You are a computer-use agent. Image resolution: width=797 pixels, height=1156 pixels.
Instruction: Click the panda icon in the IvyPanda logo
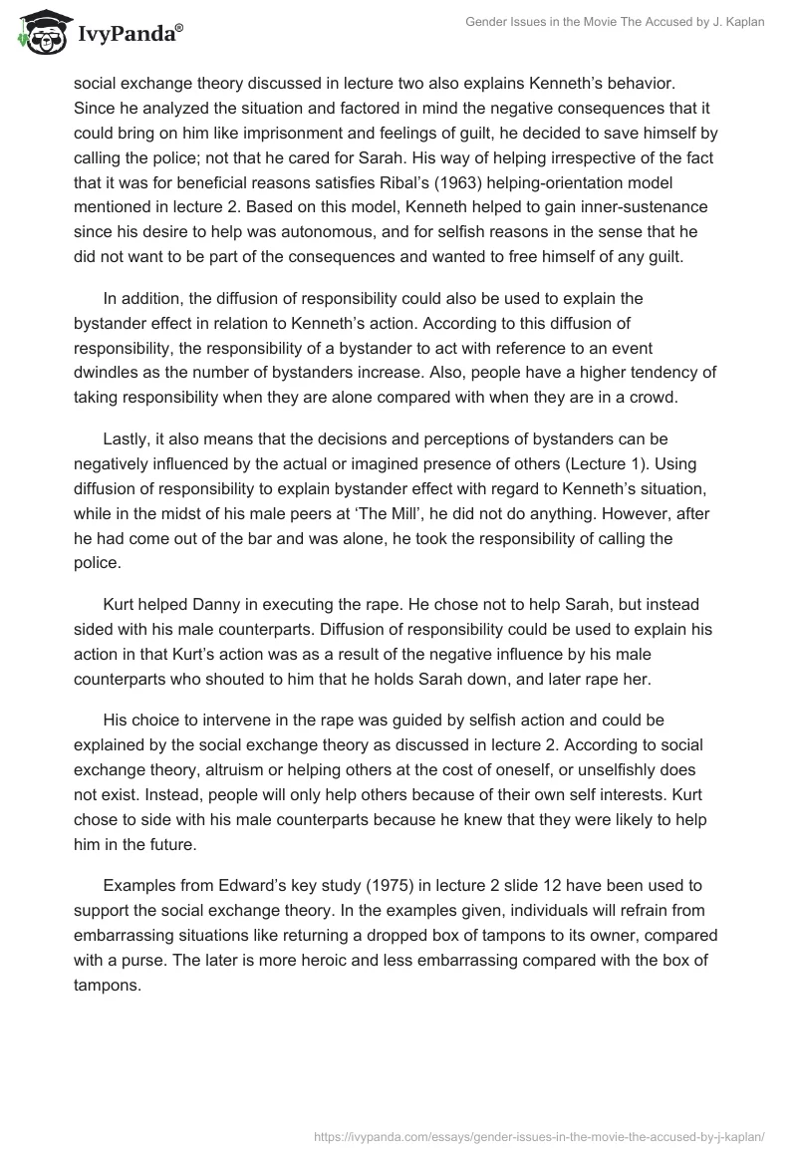(x=37, y=33)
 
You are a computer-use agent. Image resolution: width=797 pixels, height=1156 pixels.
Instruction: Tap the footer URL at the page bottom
(x=538, y=1136)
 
